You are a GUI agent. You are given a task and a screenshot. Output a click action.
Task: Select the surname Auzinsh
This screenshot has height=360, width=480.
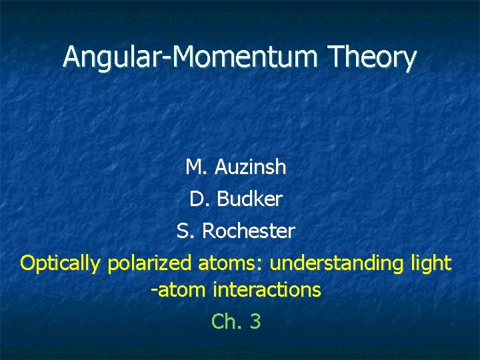click(251, 167)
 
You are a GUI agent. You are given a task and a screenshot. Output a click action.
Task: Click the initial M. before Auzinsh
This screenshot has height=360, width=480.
click(197, 167)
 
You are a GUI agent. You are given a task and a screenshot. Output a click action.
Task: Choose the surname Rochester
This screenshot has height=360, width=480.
click(248, 231)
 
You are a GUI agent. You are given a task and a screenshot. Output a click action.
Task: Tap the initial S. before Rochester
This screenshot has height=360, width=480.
click(185, 231)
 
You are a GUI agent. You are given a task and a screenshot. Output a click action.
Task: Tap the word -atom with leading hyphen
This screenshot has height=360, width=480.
click(179, 290)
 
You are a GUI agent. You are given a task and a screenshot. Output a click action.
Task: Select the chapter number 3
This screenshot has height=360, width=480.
click(255, 322)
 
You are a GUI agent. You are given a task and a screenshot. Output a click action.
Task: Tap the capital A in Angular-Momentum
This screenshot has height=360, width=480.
click(73, 57)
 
